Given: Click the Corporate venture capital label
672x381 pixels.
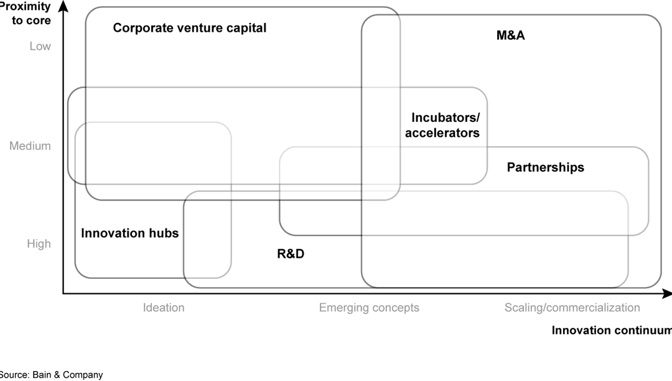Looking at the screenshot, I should click(189, 28).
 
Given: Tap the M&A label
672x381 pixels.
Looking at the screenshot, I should click(510, 35).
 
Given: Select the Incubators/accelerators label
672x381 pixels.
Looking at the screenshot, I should click(442, 125).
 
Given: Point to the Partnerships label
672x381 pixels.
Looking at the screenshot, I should click(545, 167).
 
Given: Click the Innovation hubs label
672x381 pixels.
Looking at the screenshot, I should click(129, 233).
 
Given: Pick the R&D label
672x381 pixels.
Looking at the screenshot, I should click(291, 254).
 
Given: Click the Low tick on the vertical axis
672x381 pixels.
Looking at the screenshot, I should click(40, 46).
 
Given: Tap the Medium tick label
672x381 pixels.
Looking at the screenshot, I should click(30, 146).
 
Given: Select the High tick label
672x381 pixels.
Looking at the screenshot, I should click(39, 244).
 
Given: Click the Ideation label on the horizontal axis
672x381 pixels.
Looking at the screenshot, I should click(164, 308).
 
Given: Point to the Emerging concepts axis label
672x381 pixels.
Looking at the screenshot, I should click(369, 308).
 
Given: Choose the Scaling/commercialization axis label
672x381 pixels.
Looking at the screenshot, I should click(572, 308).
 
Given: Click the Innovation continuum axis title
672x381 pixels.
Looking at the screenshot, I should click(612, 331).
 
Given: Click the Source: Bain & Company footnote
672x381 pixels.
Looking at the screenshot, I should click(51, 375).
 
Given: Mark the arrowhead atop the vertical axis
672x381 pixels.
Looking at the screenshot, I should click(63, 6).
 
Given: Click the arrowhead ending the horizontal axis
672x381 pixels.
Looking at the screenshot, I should click(667, 293).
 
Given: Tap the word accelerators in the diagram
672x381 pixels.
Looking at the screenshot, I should click(442, 133).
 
